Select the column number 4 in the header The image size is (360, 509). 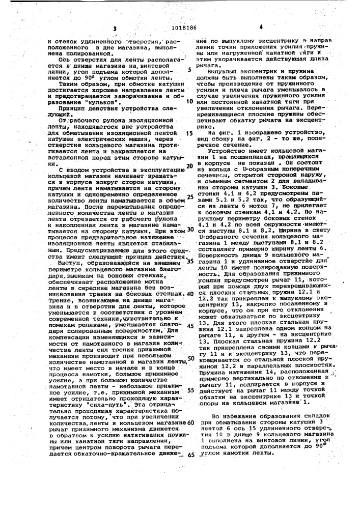tap(261, 26)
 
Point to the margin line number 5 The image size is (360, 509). tap(189, 69)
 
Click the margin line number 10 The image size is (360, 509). tap(190, 101)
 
